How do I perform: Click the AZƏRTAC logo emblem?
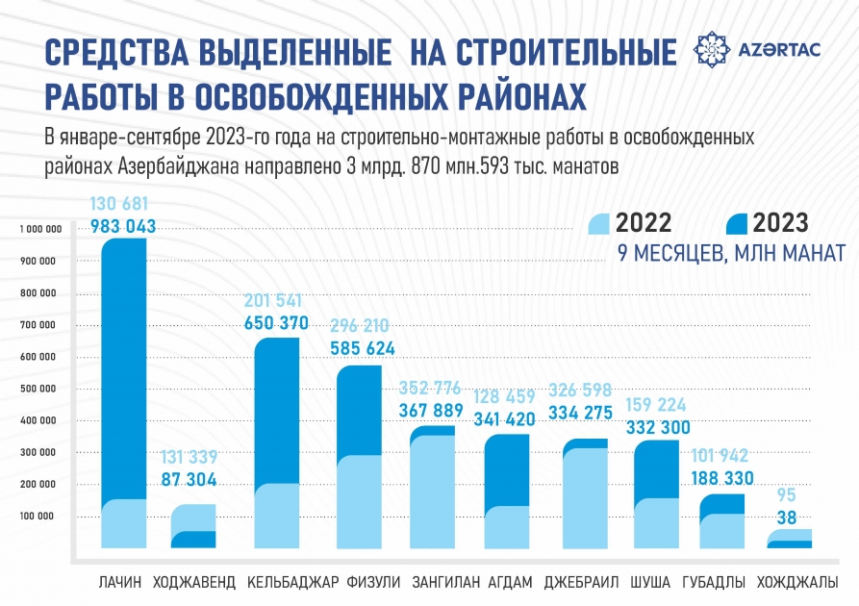click(x=712, y=48)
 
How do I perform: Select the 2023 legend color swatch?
click(x=737, y=223)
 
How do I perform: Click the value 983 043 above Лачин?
click(x=123, y=227)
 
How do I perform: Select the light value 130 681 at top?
click(x=123, y=204)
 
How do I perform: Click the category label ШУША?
click(x=650, y=583)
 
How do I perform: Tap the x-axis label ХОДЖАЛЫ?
click(x=796, y=583)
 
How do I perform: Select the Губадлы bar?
click(x=721, y=522)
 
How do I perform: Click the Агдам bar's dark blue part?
click(x=505, y=471)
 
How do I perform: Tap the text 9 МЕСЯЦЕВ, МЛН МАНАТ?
click(x=718, y=254)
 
